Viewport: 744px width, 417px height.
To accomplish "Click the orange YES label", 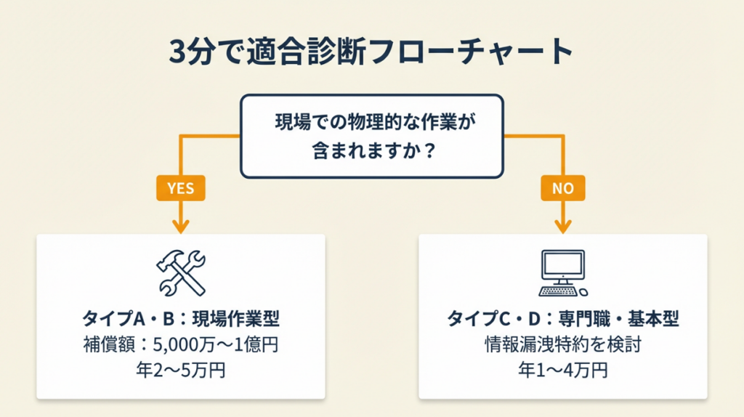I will tap(180, 188).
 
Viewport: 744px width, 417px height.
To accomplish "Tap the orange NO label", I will tap(563, 188).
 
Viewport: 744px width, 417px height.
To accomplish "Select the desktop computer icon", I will tap(562, 273).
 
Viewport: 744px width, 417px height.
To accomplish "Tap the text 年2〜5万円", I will tap(181, 371).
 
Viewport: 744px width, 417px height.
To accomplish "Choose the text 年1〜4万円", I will tap(562, 371).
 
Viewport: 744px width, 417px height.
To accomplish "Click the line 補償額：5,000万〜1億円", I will tap(181, 344).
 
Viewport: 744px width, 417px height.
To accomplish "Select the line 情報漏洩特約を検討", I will tap(562, 344).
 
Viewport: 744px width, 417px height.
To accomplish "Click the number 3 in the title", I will tap(177, 52).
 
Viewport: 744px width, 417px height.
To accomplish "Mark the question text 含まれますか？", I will tap(371, 154).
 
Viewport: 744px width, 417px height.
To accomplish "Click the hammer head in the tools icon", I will tap(169, 260).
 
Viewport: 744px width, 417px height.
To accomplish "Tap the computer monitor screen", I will tap(562, 263).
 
